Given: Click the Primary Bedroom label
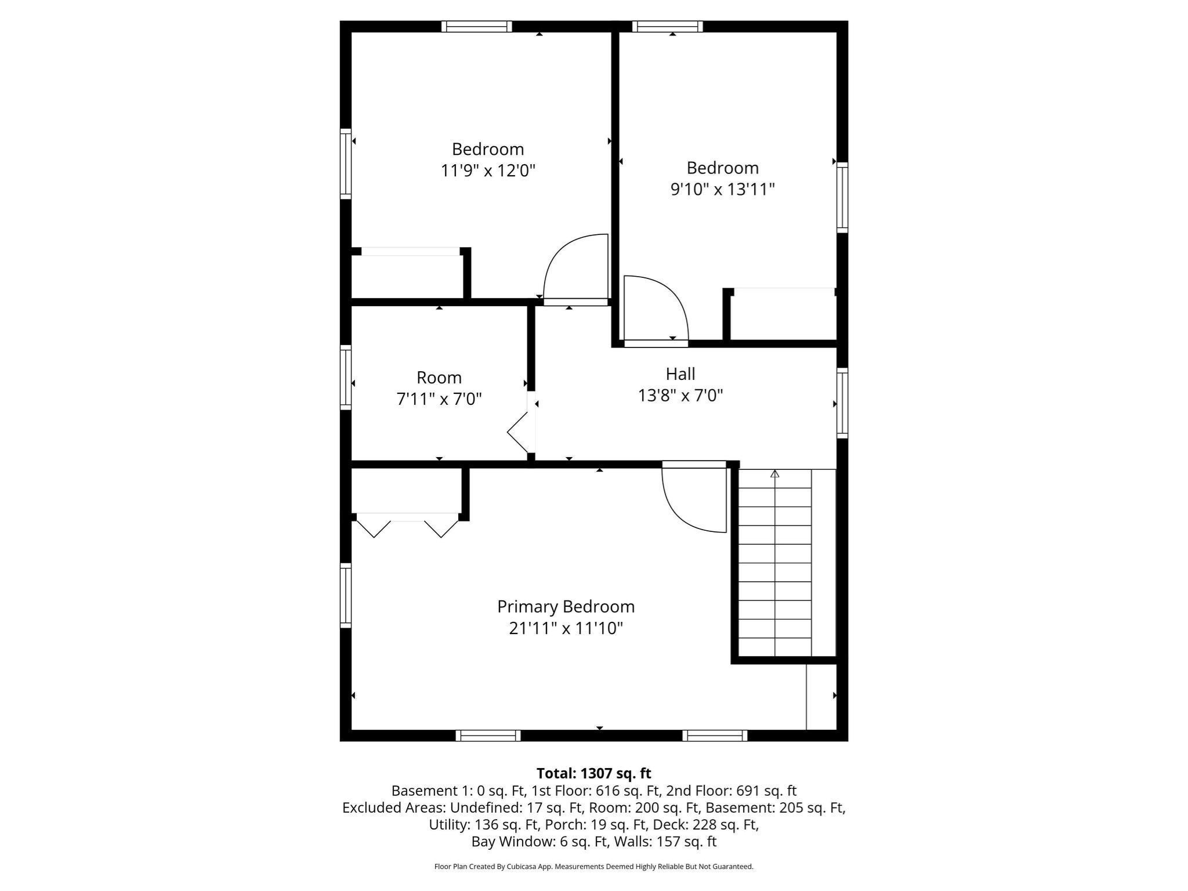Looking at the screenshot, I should (x=566, y=607).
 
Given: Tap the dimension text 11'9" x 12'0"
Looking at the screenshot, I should (x=488, y=171).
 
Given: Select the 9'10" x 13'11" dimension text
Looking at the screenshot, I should (x=722, y=189).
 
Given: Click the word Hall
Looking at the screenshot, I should (x=680, y=374).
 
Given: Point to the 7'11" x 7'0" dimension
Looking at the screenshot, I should (x=439, y=399).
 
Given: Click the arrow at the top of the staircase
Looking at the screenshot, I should (x=774, y=474).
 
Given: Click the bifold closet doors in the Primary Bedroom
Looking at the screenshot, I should (x=407, y=526).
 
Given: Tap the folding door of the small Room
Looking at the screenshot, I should (x=520, y=432).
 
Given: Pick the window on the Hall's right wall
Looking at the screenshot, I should (x=842, y=403).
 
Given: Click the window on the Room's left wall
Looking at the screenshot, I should (x=346, y=377).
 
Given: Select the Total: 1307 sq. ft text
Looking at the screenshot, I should (x=593, y=773).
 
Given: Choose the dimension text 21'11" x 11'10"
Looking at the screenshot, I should (x=566, y=628).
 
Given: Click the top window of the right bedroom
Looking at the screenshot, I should (x=667, y=26).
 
